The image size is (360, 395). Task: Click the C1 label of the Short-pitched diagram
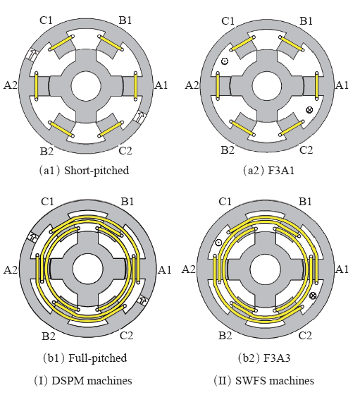(46, 20)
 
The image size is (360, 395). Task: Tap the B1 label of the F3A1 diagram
(306, 21)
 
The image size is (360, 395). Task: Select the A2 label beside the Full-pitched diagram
(11, 269)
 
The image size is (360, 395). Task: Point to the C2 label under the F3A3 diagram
(305, 336)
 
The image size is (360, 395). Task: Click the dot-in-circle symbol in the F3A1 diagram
(225, 61)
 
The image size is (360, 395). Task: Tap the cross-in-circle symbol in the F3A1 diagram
(309, 110)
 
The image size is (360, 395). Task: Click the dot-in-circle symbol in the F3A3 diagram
(218, 243)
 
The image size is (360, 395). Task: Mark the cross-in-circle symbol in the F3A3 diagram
(313, 296)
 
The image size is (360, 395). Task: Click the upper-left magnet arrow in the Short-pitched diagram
(32, 55)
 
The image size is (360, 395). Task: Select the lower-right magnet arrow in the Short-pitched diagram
(141, 116)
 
